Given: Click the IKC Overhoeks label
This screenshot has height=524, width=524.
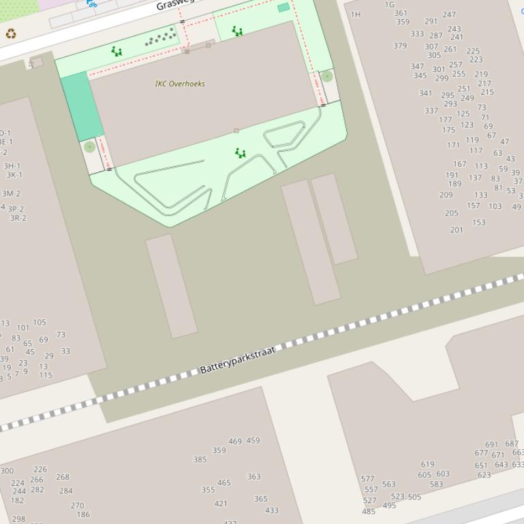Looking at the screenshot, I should point(180,84).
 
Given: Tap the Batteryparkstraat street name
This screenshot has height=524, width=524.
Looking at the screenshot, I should point(238,360).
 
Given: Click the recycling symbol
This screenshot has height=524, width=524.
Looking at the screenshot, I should point(11,33).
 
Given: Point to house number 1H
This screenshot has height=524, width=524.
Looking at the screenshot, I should point(356,14).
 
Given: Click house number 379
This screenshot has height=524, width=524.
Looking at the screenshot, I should point(400,46).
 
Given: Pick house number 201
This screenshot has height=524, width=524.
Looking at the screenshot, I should point(457,230).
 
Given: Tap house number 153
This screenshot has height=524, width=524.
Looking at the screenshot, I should point(479,223).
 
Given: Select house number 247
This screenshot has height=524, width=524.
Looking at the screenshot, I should point(449,14).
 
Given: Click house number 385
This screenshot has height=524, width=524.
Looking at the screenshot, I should point(200,460).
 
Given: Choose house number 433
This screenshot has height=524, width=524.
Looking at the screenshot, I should point(272,510).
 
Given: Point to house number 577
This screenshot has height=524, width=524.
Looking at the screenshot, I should point(367,479).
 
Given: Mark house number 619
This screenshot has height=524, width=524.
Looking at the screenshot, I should point(427,465).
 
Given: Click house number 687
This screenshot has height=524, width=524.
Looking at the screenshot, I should point(512,444).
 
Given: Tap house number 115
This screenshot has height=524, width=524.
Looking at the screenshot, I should point(46,375).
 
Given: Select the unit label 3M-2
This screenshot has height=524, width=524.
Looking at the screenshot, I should point(11,193).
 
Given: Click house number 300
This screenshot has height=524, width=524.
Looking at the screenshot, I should point(7,471).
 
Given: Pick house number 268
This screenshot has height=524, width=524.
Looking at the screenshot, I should point(63,478).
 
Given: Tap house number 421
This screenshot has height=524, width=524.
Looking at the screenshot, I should point(221,504).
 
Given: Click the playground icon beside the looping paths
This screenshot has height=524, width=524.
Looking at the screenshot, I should point(240,153).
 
